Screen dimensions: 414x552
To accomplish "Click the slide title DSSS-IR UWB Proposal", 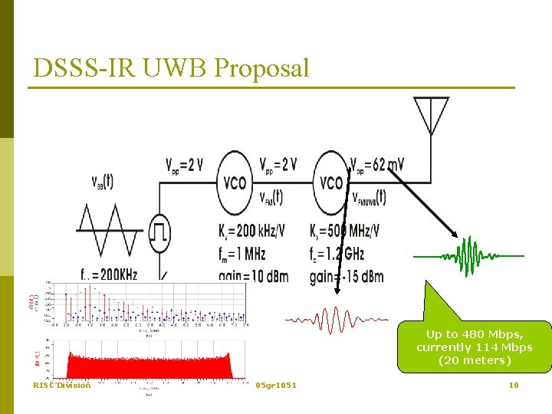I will click(171, 67).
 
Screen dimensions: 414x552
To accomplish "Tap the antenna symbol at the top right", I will click(431, 115).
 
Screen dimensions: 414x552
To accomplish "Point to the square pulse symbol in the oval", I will click(160, 231).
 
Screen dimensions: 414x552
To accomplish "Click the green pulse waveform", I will click(468, 255).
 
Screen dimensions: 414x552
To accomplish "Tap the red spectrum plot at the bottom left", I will click(149, 356).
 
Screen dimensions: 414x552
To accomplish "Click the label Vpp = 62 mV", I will click(377, 164).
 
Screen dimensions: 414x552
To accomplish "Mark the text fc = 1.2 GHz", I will click(337, 253).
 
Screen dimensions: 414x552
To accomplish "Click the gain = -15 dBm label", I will click(347, 276).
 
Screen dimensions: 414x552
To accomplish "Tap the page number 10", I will click(514, 385).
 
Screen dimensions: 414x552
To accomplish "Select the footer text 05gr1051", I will click(276, 385).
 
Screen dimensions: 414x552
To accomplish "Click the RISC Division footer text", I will click(61, 385).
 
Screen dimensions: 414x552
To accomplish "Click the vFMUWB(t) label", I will click(369, 196).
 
